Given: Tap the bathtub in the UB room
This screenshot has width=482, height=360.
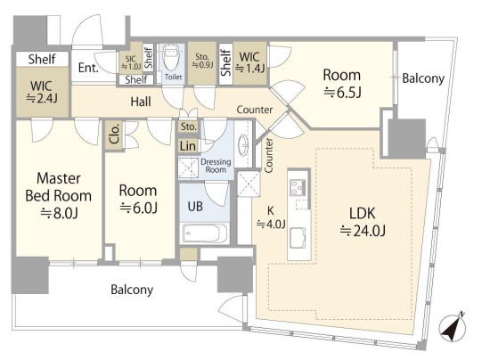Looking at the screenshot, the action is (205, 233).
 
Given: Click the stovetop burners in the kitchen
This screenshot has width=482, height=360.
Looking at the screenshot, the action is (298, 186).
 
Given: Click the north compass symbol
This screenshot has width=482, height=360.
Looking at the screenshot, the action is (452, 328).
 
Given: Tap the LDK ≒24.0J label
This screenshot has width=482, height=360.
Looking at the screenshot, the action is (363, 222).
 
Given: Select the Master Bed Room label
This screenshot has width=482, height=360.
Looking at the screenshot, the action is (59, 187).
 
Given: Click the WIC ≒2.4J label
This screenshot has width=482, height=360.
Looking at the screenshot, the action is (42, 92).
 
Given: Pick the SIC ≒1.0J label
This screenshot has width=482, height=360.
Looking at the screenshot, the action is (131, 62).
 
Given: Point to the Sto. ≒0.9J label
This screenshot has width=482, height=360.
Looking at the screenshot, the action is (202, 61).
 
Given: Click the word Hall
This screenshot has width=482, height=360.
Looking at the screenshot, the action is (141, 102).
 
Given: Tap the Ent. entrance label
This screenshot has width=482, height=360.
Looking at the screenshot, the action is (88, 68).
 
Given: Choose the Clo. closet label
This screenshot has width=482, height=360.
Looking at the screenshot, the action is (114, 134).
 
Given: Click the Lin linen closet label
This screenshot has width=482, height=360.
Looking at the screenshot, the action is (187, 146).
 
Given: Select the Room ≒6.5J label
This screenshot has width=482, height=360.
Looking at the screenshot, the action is (342, 83).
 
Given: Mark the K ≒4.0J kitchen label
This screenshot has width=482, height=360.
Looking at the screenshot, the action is (271, 217).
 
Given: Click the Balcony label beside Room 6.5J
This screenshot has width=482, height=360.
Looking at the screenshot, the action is (423, 78).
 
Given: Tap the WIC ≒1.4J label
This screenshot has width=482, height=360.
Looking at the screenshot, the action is (249, 62).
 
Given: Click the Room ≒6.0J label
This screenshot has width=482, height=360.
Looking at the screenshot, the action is (138, 199).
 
